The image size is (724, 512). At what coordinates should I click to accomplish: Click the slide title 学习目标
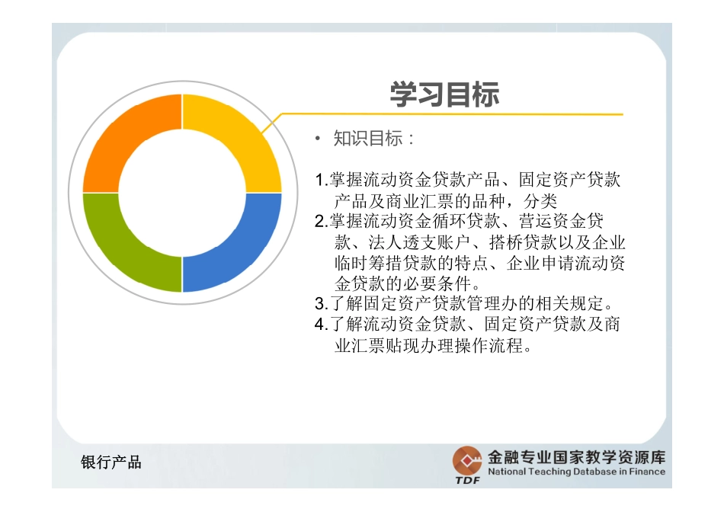444,95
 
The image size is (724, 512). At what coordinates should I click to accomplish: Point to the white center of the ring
182,194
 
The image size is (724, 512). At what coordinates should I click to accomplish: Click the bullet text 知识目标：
374,139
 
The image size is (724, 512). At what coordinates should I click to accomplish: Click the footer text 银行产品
111,462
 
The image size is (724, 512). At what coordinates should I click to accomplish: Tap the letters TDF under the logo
467,480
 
